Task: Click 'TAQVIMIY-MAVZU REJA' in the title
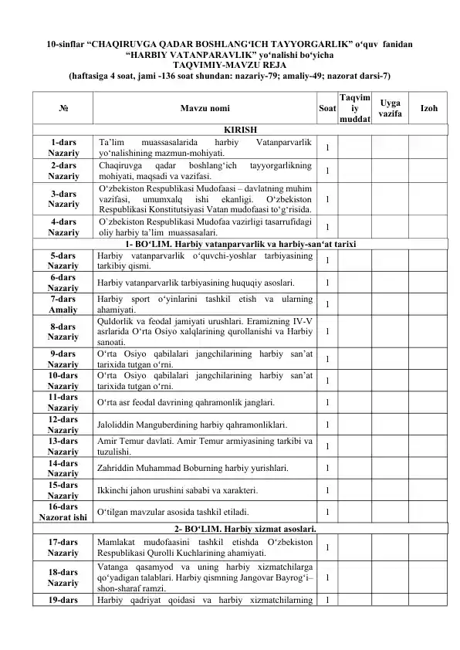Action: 229,66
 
